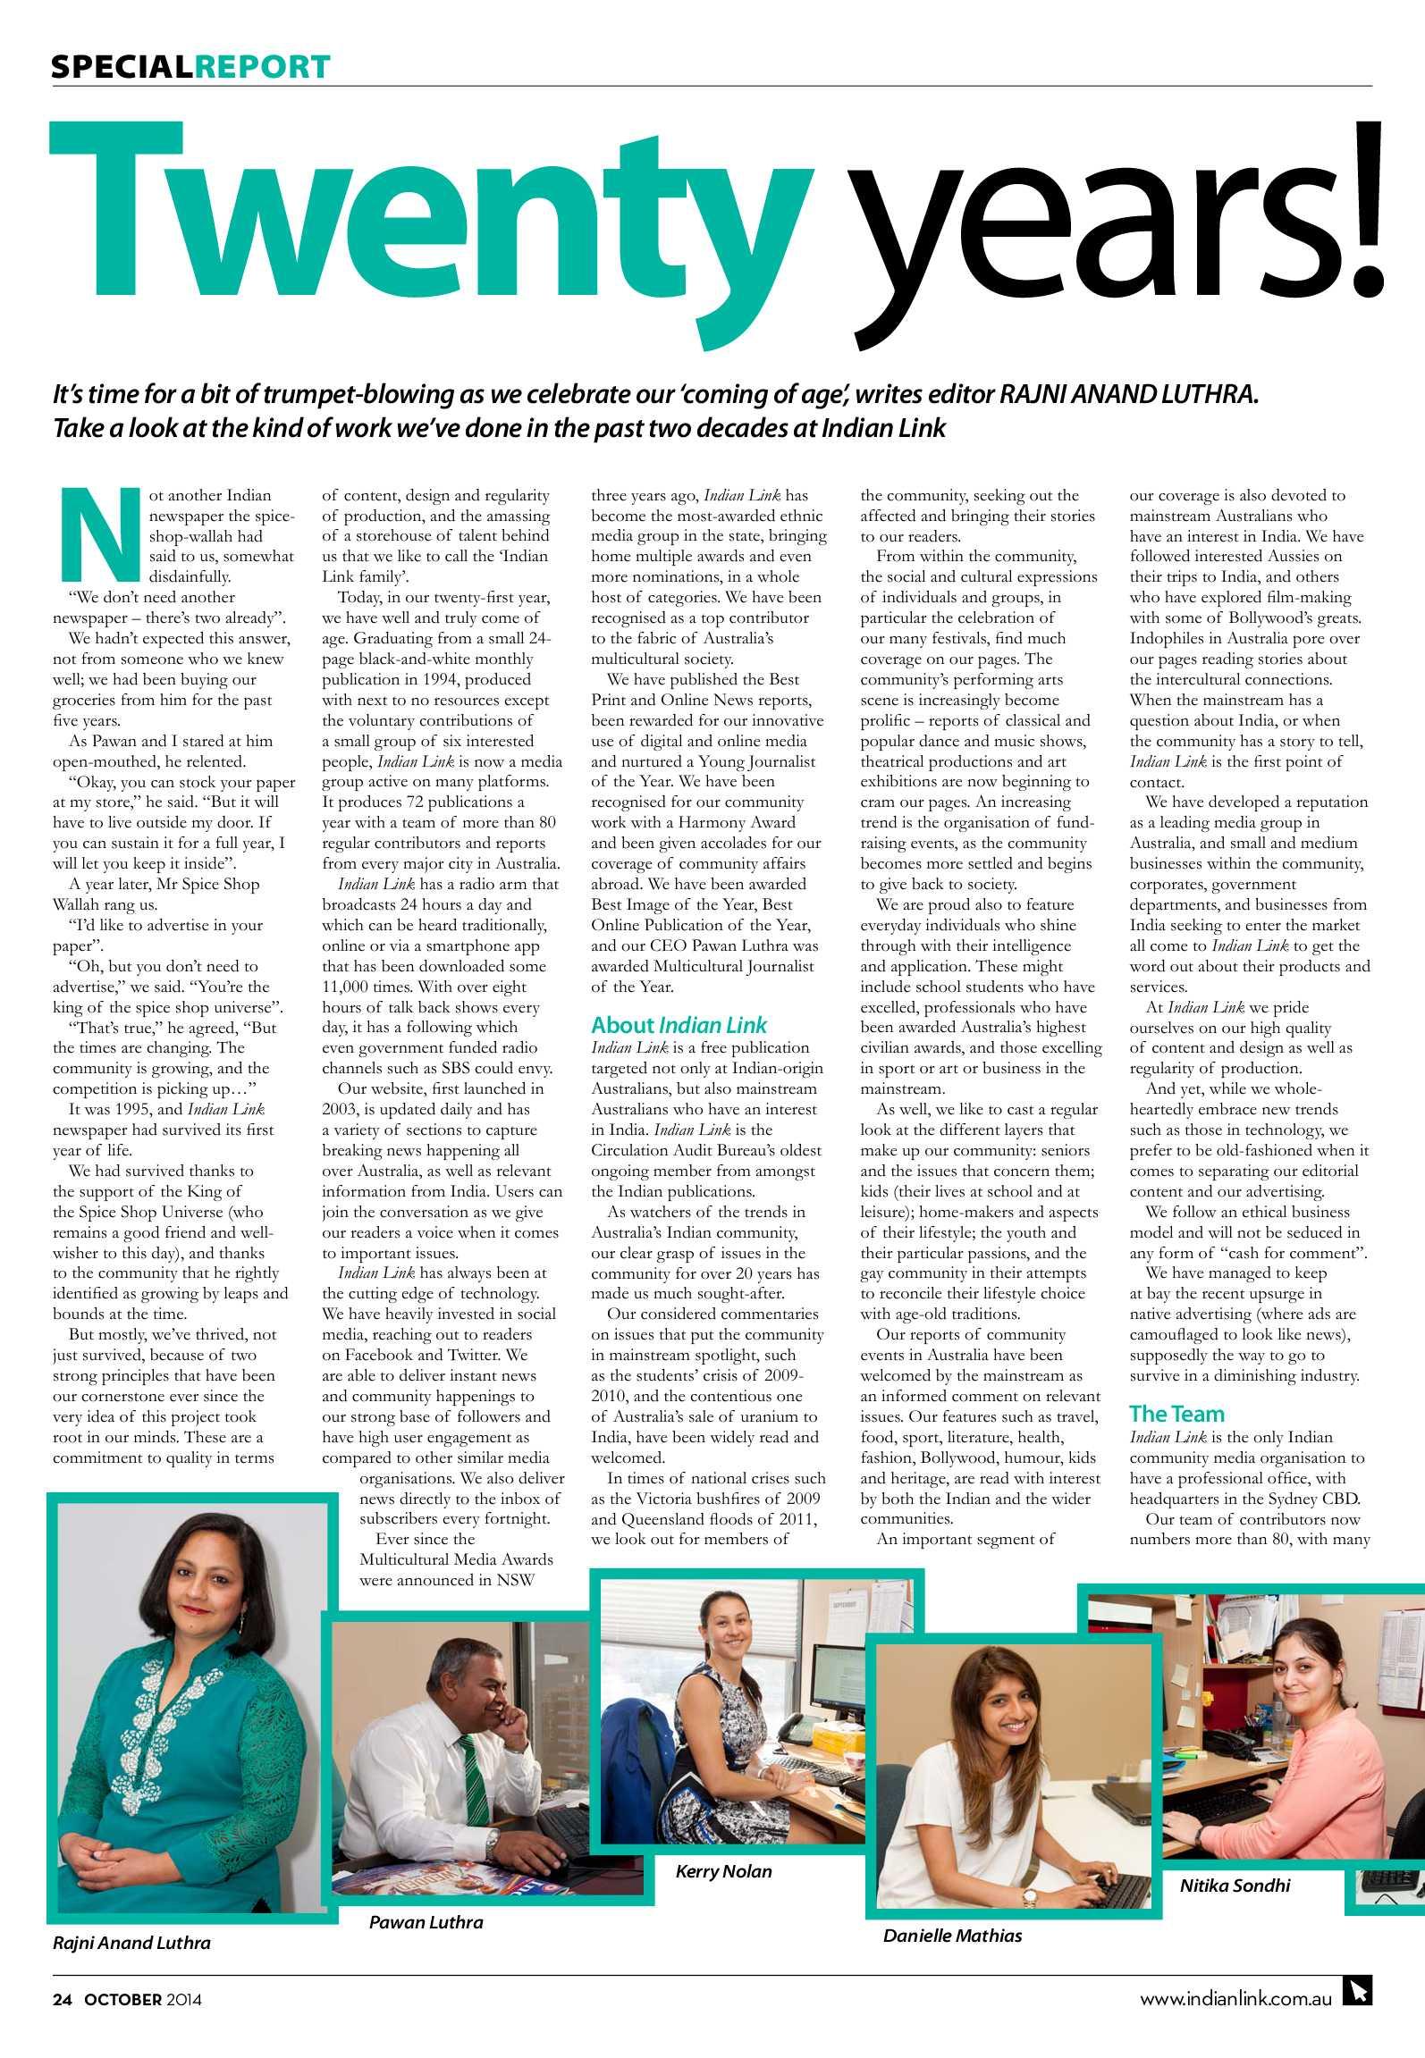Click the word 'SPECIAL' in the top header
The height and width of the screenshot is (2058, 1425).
(122, 67)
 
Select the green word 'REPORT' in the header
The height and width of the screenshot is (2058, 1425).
(262, 67)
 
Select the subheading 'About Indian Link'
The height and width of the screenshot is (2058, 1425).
(679, 1025)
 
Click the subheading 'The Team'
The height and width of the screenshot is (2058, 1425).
(1176, 1413)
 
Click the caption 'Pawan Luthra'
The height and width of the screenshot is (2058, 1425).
(426, 1921)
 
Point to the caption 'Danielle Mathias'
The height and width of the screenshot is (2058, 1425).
(952, 1935)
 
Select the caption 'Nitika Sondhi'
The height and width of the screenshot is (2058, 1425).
(1235, 1886)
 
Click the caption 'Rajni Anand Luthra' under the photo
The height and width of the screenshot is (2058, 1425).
(131, 1942)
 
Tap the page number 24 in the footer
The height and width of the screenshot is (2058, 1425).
(61, 1999)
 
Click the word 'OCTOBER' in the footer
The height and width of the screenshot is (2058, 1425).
(123, 1999)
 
